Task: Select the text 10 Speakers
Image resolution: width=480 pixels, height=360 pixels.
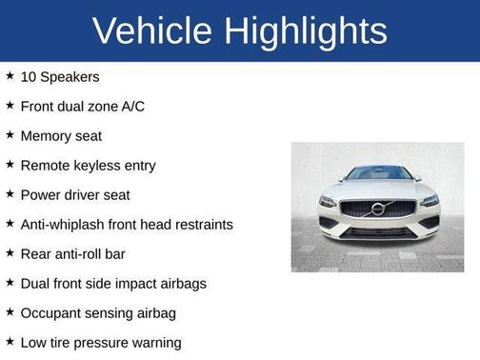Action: coord(60,76)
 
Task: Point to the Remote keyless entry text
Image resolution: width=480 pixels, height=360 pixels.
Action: coord(88,165)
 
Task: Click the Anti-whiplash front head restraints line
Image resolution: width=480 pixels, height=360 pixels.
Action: coord(127,225)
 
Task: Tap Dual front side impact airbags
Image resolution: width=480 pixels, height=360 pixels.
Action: coord(113,283)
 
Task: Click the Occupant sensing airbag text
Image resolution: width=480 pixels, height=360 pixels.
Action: coord(98,312)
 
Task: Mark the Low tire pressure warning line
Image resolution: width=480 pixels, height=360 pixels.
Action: coord(101,342)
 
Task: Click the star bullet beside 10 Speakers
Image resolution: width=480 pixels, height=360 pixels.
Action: coord(10,75)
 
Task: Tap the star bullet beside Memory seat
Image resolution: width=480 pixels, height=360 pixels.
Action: coord(10,134)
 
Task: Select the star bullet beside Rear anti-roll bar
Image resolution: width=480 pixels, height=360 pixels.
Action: coord(10,252)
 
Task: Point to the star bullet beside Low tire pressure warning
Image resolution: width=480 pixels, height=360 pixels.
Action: coord(10,341)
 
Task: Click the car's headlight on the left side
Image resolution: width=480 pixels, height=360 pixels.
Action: coord(329,202)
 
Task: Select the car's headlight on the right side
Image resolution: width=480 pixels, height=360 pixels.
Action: coord(429,202)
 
